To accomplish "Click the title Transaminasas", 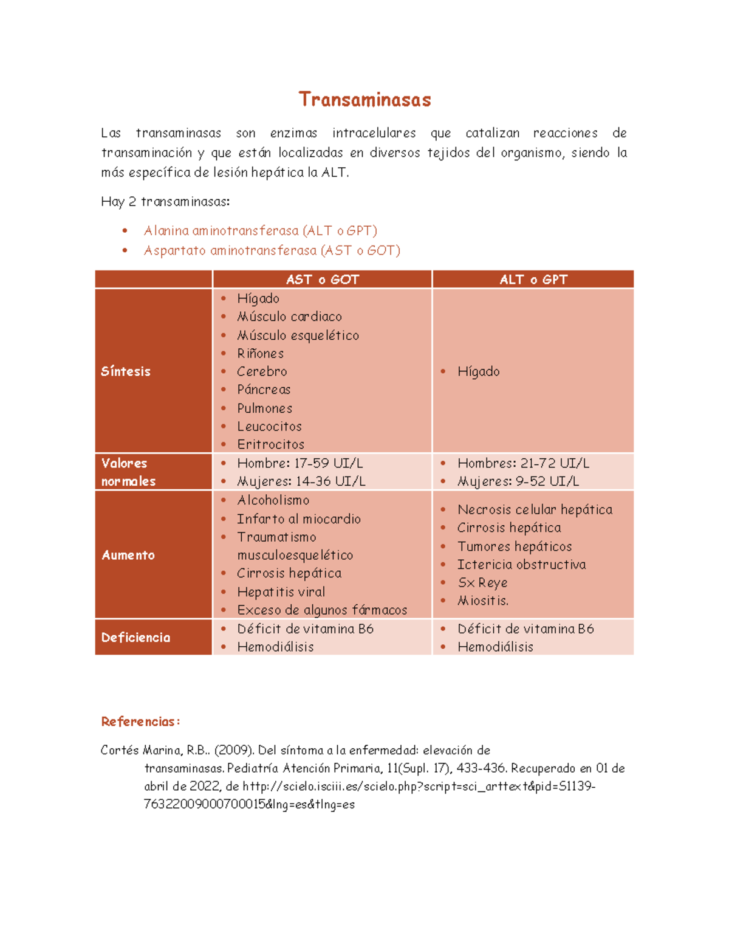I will pyautogui.click(x=364, y=100).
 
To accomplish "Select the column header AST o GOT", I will pyautogui.click(x=323, y=280).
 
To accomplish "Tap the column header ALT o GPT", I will pyautogui.click(x=533, y=280).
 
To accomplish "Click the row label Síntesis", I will pyautogui.click(x=126, y=371).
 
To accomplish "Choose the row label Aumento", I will pyautogui.click(x=128, y=555).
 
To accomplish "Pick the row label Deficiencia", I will pyautogui.click(x=135, y=638).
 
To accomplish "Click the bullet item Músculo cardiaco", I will pyautogui.click(x=289, y=317).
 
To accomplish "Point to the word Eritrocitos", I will pyautogui.click(x=270, y=444).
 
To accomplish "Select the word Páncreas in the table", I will pyautogui.click(x=264, y=390).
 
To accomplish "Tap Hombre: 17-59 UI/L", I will pyautogui.click(x=299, y=463).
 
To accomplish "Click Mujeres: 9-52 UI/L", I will pyautogui.click(x=518, y=481).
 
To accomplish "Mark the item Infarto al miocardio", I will pyautogui.click(x=298, y=519).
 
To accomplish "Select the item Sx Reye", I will pyautogui.click(x=482, y=583).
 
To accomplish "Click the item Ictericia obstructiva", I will pyautogui.click(x=521, y=565).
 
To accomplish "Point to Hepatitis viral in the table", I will pyautogui.click(x=281, y=592).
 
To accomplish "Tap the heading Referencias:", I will pyautogui.click(x=140, y=722).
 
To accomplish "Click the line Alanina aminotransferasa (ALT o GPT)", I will pyautogui.click(x=260, y=231).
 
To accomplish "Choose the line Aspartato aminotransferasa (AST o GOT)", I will pyautogui.click(x=272, y=250).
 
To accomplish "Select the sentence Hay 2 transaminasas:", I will pyautogui.click(x=165, y=202).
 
